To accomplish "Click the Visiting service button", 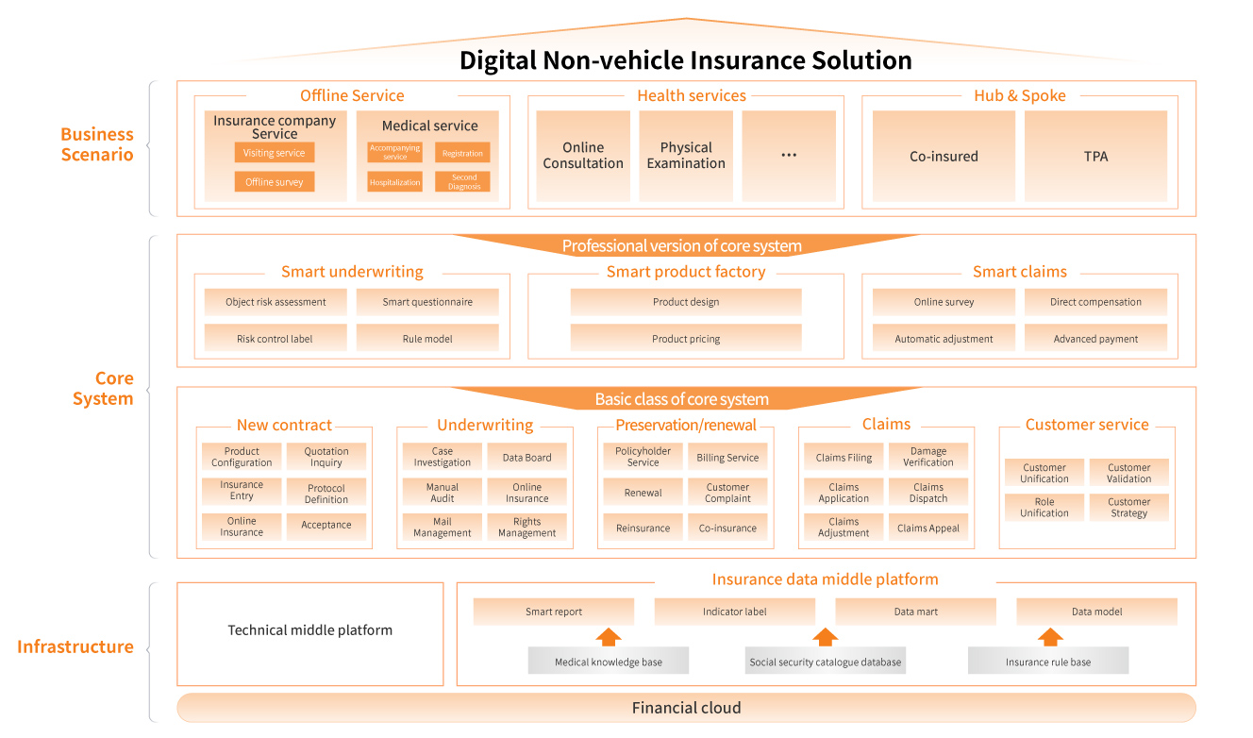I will [x=275, y=153].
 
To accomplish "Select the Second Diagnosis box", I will [x=462, y=182].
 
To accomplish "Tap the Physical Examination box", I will [x=686, y=156].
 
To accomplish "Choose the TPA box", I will [x=1095, y=157].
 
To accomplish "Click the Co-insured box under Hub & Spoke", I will [x=944, y=157].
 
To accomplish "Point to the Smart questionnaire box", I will [x=427, y=302].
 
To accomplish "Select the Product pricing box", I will [x=686, y=339].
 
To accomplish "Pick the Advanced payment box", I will [x=1095, y=339].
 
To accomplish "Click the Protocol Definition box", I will [x=326, y=494].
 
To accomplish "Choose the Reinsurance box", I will [x=643, y=528].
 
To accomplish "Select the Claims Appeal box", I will [x=928, y=528].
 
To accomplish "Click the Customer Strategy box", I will [x=1129, y=508].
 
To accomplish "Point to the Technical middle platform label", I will [x=309, y=630].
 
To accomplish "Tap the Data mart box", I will [x=915, y=612].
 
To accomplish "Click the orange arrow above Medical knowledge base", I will [x=609, y=637].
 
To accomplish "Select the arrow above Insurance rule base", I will [x=1050, y=637].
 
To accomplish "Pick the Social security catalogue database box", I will [x=826, y=662].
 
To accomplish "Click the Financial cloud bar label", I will [x=686, y=708].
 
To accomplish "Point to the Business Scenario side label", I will [x=97, y=144].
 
